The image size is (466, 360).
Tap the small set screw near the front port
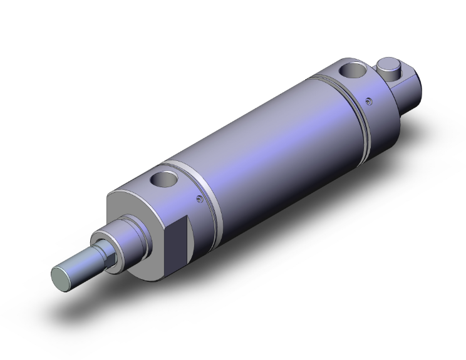pos(199,200)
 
